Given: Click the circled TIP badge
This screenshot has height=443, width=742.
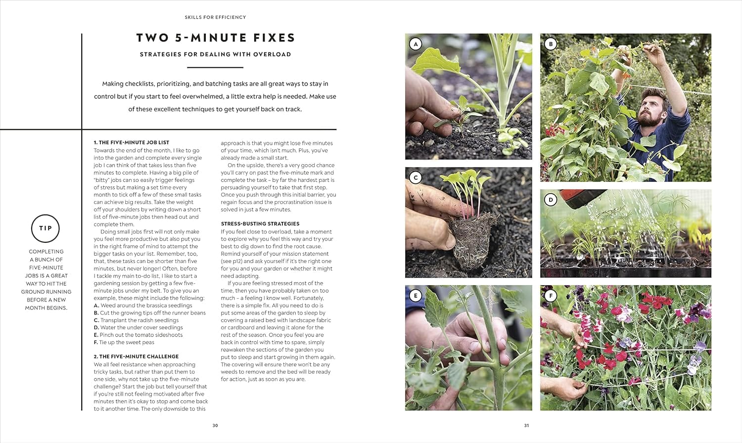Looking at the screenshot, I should coord(46,228).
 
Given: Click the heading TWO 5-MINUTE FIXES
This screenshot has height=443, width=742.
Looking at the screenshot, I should coord(215,38).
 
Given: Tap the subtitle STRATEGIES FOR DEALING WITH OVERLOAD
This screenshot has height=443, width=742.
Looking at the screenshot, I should coord(215,54).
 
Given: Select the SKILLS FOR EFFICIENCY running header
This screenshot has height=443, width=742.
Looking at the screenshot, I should coord(215,17).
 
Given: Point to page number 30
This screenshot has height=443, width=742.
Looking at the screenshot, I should coord(215,425).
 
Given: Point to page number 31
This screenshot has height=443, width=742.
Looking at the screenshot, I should coord(526,425).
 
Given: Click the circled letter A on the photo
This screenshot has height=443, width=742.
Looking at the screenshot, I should coord(416,44).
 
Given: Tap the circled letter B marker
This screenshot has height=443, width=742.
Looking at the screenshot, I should coord(551,44).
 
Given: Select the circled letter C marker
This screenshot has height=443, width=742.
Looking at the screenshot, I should coord(416,177).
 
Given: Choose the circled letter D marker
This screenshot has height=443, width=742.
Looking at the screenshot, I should coord(551,200).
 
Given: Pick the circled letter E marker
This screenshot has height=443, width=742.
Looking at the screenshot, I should coord(416,296).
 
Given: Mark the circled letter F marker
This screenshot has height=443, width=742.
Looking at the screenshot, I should coord(551,296).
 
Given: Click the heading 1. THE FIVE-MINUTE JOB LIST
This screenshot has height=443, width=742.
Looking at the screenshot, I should coord(132,142).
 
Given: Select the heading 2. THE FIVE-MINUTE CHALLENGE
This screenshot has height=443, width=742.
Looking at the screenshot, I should coord(136,356).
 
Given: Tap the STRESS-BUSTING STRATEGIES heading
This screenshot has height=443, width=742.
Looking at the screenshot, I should coord(260,223).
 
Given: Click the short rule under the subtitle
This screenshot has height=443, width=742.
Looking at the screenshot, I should coord(215,67).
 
